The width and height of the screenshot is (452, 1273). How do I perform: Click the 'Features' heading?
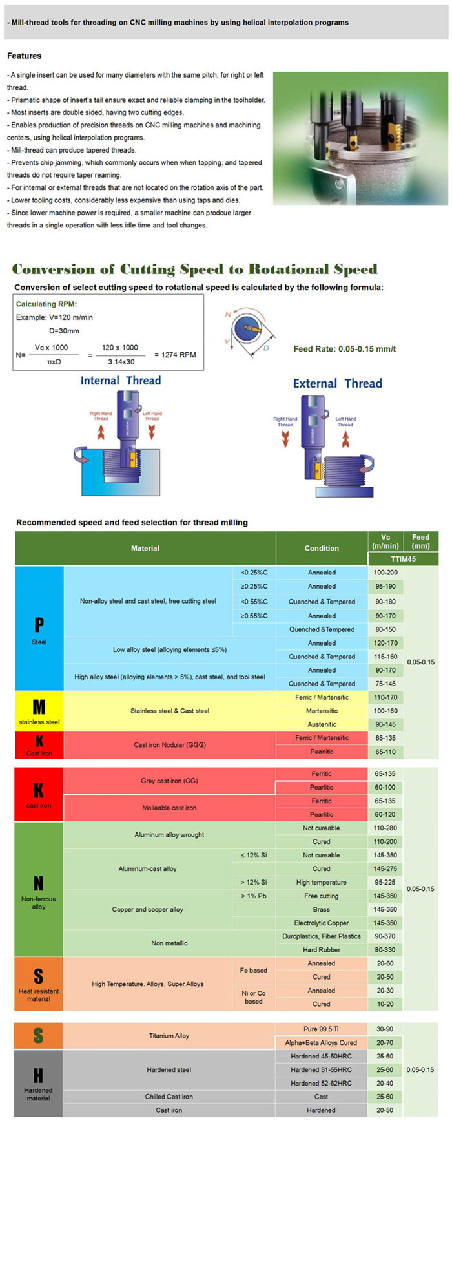[x=24, y=56]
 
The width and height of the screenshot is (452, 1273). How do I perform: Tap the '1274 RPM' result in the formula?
[x=174, y=355]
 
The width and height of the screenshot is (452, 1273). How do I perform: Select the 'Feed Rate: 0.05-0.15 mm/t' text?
[x=344, y=349]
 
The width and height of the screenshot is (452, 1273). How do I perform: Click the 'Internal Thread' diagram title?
[x=120, y=381]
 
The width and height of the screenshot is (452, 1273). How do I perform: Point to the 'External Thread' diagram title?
[x=337, y=383]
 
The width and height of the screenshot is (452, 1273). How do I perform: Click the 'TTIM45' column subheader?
[x=403, y=559]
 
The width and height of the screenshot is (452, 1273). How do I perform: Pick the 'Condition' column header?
[x=322, y=548]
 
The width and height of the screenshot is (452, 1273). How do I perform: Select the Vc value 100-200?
[x=385, y=573]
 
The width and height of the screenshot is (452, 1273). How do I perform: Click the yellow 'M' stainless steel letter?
[x=39, y=707]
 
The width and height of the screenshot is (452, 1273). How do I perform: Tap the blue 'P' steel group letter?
[x=39, y=624]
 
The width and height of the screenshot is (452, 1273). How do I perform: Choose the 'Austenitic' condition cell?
[x=322, y=724]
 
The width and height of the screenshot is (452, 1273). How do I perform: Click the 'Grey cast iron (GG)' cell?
[x=169, y=781]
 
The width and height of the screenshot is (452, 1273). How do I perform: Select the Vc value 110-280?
[x=385, y=828]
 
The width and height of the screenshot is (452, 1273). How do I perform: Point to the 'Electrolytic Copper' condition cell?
[x=322, y=923]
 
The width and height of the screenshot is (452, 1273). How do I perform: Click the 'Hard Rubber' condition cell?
[x=322, y=950]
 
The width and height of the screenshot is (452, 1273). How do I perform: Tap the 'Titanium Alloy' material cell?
[x=169, y=1036]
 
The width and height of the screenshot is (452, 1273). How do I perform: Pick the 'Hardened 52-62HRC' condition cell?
[x=322, y=1083]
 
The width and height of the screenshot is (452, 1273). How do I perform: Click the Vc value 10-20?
[x=385, y=1004]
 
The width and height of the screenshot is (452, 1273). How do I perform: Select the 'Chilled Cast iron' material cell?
[x=169, y=1097]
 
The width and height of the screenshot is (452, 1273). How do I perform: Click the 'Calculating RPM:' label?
[x=46, y=304]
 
